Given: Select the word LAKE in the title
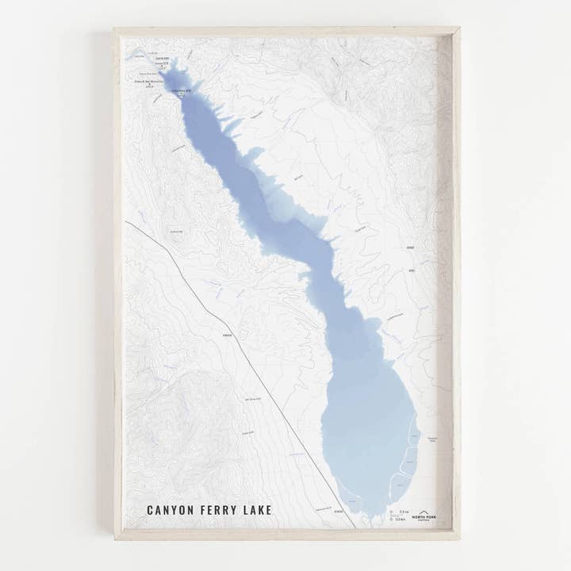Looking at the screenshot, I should coord(257,510).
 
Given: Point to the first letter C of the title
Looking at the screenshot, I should coord(150,510).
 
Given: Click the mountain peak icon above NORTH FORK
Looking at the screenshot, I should coord(423,512).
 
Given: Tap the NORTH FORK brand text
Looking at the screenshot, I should coord(424,517).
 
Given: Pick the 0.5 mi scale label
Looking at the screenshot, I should coord(404,512).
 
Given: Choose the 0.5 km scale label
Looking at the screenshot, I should coord(401,519).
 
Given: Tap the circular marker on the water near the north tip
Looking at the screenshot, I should coord(182,93).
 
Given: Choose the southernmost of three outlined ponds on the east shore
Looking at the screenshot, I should coord(399,485).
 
